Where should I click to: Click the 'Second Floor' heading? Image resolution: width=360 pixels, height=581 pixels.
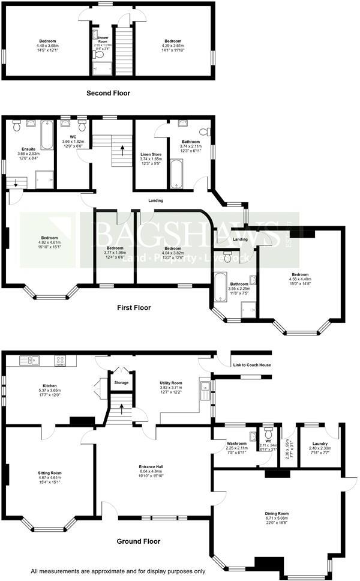click(x=108, y=93)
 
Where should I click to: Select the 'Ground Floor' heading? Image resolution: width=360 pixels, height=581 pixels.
click(x=139, y=541)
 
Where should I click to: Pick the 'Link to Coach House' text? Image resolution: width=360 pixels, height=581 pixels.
click(x=252, y=366)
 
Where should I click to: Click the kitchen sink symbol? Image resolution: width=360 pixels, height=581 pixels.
click(x=29, y=360)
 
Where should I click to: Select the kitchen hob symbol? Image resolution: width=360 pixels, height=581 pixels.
click(x=61, y=360)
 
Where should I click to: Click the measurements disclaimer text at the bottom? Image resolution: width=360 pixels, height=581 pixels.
click(x=118, y=571)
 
